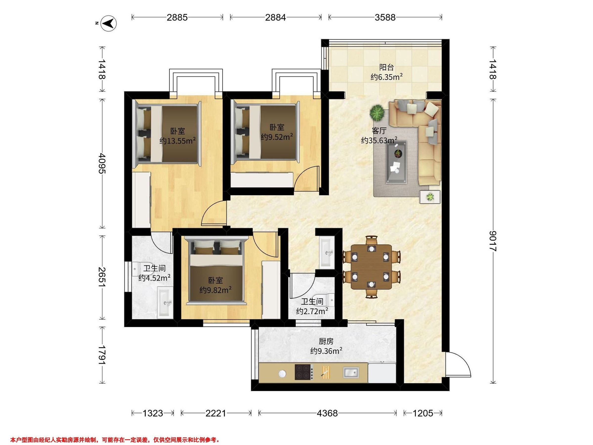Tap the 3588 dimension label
(x=385, y=18)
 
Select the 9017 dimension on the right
(x=493, y=241)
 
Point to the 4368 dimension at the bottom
(x=327, y=413)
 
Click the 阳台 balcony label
(x=386, y=67)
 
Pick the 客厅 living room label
(x=379, y=131)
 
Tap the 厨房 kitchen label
(x=326, y=341)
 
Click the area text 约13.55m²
(x=177, y=140)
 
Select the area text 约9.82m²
(x=215, y=290)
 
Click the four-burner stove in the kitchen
(x=304, y=372)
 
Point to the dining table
(x=371, y=267)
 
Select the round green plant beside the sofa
(x=377, y=113)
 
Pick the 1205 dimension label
(x=423, y=413)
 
